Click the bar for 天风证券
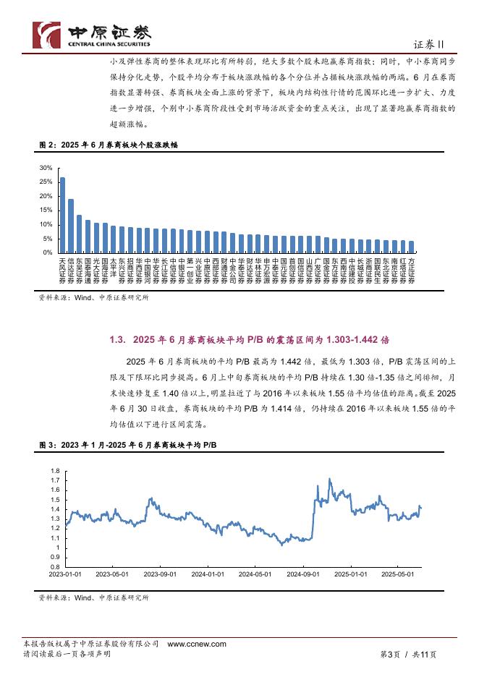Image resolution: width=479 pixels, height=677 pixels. coord(62,215)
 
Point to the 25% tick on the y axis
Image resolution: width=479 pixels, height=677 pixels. coord(46,182)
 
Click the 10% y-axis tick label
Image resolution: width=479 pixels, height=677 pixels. coord(46,225)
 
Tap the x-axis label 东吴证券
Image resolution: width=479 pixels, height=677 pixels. coord(80,271)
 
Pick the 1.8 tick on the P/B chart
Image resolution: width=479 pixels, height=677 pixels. coord(55,471)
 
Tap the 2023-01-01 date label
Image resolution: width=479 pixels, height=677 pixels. coord(64,574)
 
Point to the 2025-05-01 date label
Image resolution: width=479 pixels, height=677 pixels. coord(399,574)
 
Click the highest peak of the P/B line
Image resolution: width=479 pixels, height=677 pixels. coord(330,479)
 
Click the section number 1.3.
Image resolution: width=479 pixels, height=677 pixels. coord(118,338)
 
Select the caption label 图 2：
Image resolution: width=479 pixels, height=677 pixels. coord(48,145)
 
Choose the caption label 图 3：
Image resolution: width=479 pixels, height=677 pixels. coord(48,444)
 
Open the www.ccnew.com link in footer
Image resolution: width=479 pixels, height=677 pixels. coord(197,644)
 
